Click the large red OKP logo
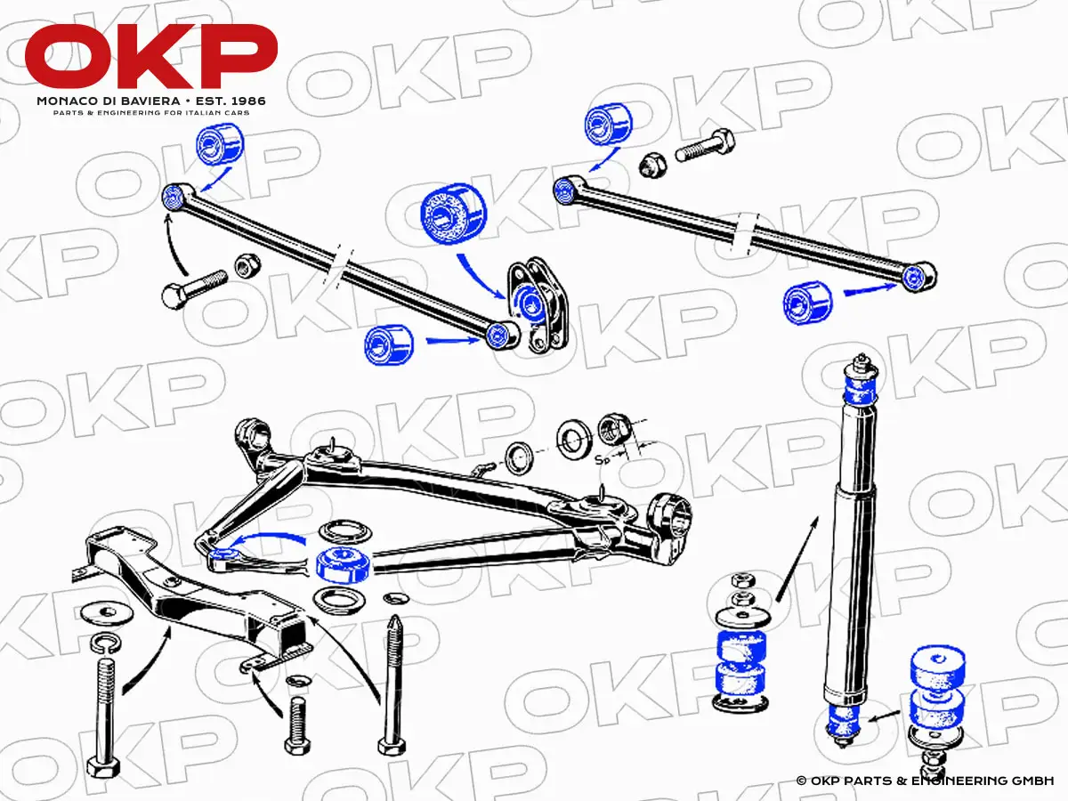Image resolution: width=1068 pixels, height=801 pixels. tap(150, 57)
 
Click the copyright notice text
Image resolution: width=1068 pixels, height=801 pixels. tap(925, 781)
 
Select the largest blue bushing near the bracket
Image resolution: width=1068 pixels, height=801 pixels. tap(454, 214)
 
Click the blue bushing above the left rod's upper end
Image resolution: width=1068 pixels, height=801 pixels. tap(220, 144)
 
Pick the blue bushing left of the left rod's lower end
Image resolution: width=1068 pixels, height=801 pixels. tap(389, 344)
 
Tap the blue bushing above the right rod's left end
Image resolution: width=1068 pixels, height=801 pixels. tap(608, 124)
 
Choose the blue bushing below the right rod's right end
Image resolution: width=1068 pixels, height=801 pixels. tap(808, 303)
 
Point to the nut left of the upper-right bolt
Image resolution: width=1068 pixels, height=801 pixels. tap(652, 165)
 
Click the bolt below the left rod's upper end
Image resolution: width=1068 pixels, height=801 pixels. tap(194, 288)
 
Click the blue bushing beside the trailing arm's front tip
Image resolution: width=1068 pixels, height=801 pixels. tap(343, 564)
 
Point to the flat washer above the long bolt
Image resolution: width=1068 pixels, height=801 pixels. tap(107, 614)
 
